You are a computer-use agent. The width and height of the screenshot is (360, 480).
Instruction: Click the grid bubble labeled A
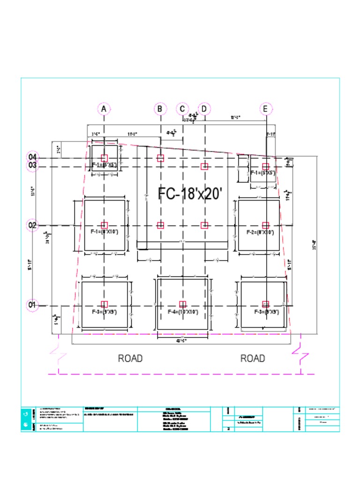tap(104, 109)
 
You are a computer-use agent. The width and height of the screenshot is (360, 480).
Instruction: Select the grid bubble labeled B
tap(160, 109)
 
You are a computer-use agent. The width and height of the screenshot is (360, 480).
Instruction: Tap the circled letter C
tap(182, 109)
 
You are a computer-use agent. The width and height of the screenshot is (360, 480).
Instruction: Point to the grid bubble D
tap(204, 109)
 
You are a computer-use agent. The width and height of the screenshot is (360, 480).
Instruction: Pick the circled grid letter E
tap(266, 109)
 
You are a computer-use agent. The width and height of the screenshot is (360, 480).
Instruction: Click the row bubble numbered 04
tap(32, 157)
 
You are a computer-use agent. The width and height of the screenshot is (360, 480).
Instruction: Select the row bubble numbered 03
tap(32, 165)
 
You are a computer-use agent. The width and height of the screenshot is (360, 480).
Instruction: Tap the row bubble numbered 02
tap(32, 225)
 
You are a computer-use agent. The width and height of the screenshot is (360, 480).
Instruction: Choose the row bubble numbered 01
tap(32, 305)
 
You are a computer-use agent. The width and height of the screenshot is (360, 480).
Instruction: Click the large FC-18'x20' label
tap(189, 194)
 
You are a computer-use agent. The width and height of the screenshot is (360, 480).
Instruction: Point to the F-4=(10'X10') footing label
tap(183, 312)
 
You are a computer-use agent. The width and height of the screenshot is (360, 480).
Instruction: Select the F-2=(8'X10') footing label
tap(261, 232)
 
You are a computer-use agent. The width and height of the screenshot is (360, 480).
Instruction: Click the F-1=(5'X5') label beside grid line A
tap(104, 165)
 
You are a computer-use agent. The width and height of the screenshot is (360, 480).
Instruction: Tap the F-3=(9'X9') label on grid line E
tap(267, 312)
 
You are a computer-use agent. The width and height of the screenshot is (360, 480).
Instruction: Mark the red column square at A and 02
tap(104, 225)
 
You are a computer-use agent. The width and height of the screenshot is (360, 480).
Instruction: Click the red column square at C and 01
tap(183, 304)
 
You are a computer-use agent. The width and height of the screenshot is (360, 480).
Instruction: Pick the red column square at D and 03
tap(204, 166)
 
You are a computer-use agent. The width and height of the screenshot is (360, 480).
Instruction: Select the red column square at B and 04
tap(160, 158)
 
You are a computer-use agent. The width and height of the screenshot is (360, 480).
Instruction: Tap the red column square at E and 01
tap(266, 304)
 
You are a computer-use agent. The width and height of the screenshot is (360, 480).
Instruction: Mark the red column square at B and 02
tap(160, 225)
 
